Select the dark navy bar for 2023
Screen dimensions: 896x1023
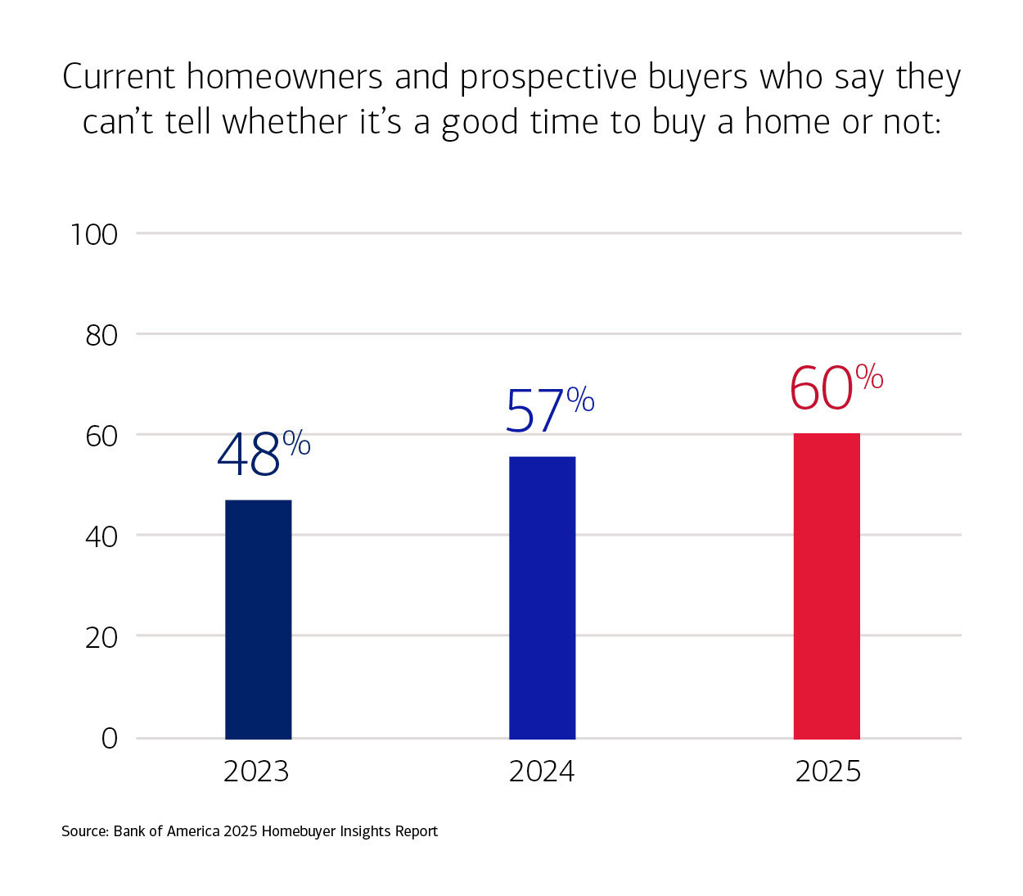258,619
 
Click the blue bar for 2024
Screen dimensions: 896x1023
542,598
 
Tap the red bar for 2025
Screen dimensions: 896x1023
827,586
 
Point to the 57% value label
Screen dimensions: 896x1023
548,410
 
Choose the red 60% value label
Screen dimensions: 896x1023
835,387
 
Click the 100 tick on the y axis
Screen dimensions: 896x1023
94,235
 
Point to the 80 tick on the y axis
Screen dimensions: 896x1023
101,335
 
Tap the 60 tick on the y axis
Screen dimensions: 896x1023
101,436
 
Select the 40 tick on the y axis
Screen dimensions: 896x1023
101,536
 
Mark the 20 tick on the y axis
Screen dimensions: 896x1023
101,637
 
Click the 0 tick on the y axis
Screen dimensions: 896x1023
110,739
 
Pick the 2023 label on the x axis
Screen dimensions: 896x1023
256,772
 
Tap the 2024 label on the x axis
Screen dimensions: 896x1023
542,772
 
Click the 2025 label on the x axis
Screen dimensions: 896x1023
828,772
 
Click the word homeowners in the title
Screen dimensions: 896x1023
284,77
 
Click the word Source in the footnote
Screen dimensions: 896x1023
84,831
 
